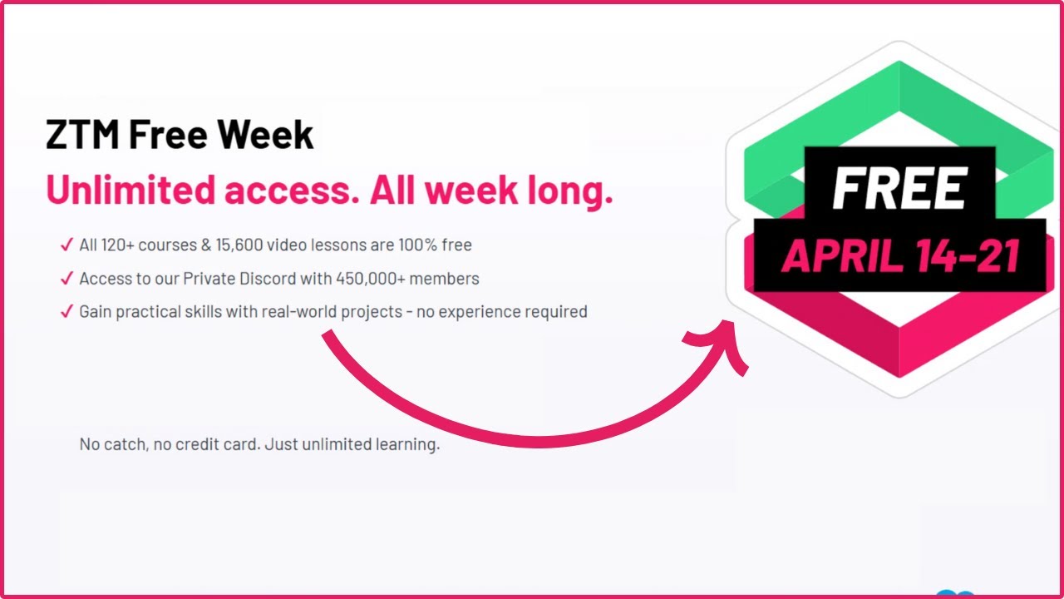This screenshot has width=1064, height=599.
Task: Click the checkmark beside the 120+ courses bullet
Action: [x=66, y=245]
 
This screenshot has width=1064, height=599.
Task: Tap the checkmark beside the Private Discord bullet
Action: [x=66, y=278]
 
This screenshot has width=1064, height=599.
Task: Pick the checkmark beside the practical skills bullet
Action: [x=66, y=312]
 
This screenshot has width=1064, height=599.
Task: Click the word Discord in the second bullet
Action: [x=274, y=278]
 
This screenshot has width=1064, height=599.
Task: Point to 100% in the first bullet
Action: [x=425, y=245]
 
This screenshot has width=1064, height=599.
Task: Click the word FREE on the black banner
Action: [x=899, y=189]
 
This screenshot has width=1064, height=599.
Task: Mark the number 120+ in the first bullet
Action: [x=116, y=245]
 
